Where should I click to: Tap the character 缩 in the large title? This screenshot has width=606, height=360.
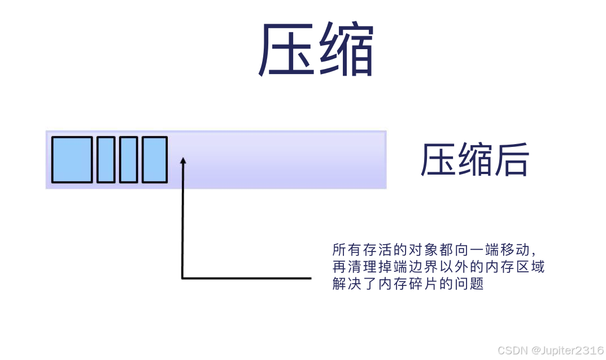point(345,51)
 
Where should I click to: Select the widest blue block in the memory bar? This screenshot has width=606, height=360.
point(72,159)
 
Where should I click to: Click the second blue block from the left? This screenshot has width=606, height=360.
point(106,159)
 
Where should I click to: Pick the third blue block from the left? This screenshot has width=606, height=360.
point(128,159)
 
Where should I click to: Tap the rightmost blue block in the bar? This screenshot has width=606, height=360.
point(154,159)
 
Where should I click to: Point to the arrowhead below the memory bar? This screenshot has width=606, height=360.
point(182,162)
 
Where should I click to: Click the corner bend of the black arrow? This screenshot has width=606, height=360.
point(182,277)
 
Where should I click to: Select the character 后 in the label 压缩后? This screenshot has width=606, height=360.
point(512,160)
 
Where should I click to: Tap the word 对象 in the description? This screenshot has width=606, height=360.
point(413,250)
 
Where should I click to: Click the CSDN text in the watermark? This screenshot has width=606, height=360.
point(511,350)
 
